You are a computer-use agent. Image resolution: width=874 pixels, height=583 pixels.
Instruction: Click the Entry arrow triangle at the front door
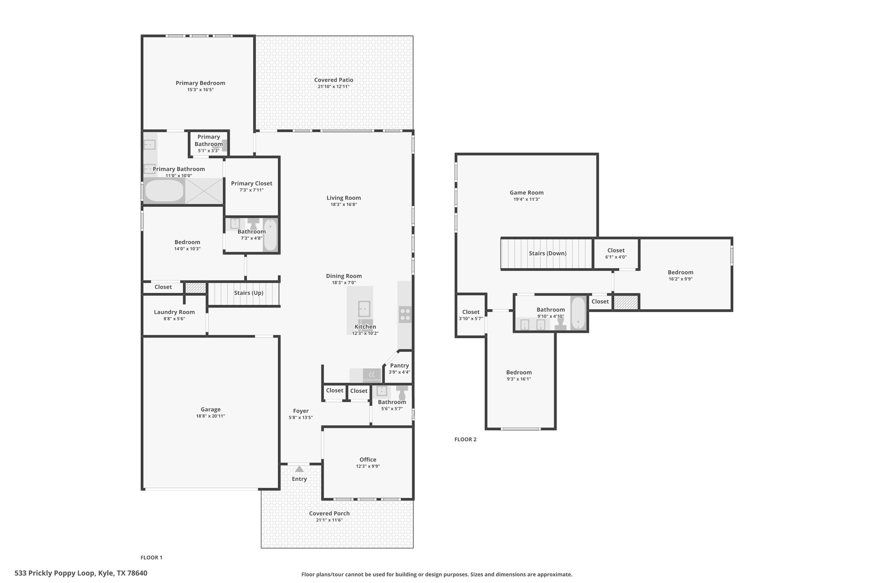tap(300, 469)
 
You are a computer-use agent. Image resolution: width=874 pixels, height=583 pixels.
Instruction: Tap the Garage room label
tap(211, 409)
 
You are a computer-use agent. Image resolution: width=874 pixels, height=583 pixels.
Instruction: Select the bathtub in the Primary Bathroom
tap(164, 190)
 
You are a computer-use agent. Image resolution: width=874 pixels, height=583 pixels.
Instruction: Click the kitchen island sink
tap(364, 308)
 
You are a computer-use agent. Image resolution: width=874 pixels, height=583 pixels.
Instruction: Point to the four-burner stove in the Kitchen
tap(405, 315)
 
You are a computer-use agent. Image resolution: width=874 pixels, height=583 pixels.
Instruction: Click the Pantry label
tap(399, 366)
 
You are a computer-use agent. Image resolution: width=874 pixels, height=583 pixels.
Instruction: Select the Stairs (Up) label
tap(249, 293)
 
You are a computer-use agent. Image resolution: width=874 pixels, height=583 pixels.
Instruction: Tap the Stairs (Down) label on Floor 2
tap(548, 253)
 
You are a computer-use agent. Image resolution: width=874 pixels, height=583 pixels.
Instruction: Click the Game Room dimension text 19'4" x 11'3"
tap(527, 199)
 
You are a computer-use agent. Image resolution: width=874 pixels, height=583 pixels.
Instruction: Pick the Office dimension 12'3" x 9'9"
tap(368, 466)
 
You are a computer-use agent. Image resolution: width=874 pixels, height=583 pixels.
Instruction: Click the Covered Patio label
tap(334, 80)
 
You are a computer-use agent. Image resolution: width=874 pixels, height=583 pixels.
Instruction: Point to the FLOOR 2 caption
tap(466, 439)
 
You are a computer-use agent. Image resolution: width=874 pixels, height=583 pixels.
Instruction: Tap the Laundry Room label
tap(174, 312)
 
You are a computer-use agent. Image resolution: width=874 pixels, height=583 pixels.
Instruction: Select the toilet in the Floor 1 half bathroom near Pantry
tap(402, 393)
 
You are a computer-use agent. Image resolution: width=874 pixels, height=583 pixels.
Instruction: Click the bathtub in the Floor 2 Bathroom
tap(578, 313)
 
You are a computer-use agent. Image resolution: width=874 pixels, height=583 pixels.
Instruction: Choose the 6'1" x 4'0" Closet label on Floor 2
tap(616, 254)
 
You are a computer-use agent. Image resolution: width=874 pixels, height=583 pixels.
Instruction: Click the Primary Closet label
tap(252, 183)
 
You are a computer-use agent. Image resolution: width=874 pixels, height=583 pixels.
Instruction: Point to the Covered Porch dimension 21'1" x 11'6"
tap(329, 520)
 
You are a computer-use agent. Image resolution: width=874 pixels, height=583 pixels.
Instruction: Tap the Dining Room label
tap(344, 276)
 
